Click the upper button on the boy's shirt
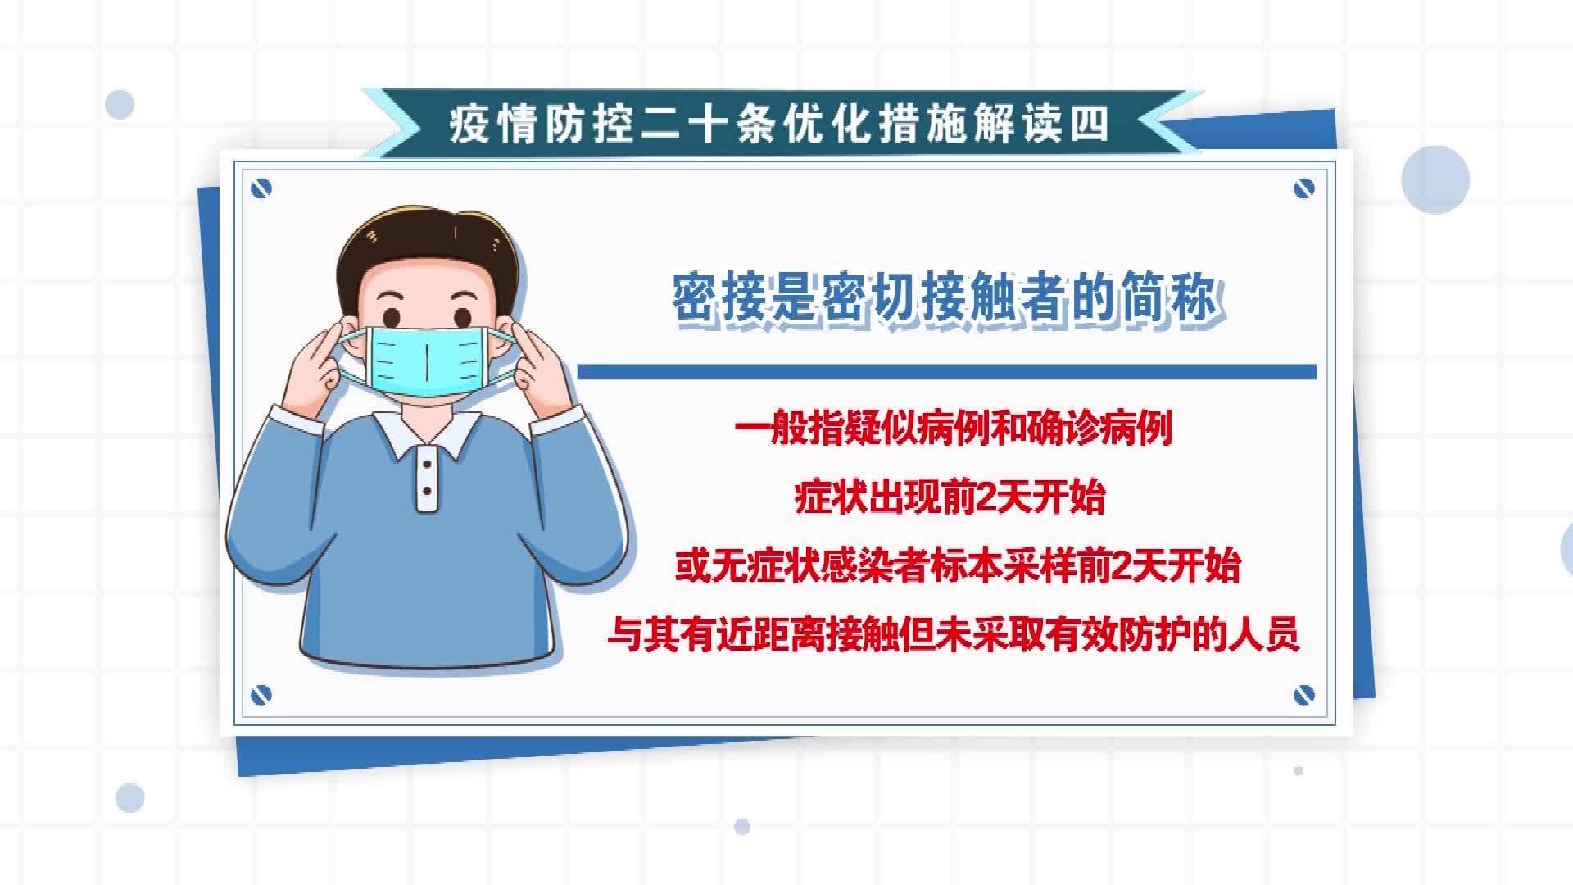coord(427,465)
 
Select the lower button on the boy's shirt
coord(427,492)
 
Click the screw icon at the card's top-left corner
coord(261,189)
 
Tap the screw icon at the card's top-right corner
coord(1303,189)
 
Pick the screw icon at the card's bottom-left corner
coord(261,696)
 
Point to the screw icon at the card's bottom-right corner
coord(1303,696)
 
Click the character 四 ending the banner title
coord(1090,125)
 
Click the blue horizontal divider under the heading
coord(947,372)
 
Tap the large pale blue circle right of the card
coord(1435,180)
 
